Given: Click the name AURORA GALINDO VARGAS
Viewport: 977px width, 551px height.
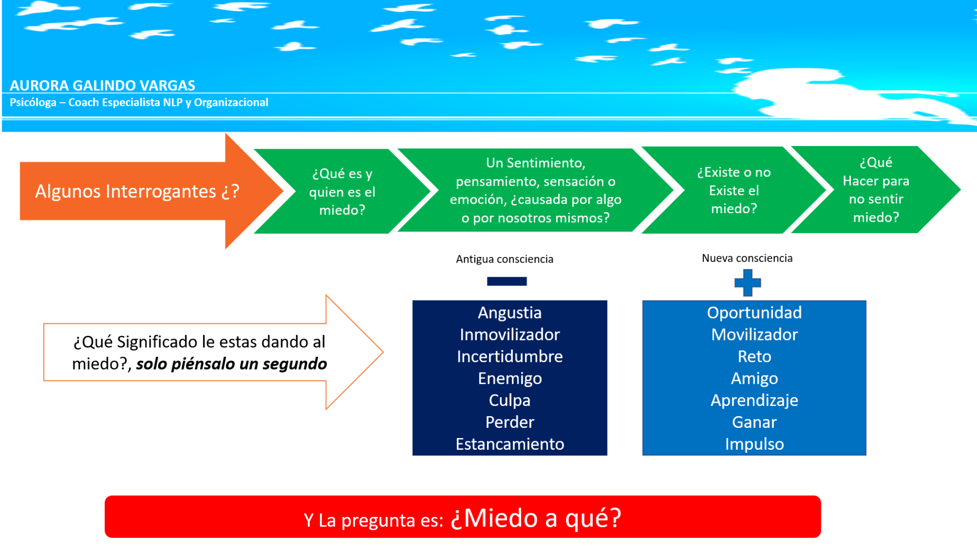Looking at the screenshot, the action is click(102, 85).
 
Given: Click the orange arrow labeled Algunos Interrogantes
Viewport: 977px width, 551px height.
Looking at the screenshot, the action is click(152, 191).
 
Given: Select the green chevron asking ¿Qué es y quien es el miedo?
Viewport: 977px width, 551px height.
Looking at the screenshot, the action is click(342, 191).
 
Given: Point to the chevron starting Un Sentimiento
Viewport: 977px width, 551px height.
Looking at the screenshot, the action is click(535, 190).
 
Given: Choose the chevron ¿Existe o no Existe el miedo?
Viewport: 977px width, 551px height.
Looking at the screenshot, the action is click(734, 190).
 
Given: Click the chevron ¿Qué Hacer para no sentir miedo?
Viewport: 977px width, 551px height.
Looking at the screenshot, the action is click(876, 190).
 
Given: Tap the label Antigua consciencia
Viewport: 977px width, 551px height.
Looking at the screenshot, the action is click(504, 259).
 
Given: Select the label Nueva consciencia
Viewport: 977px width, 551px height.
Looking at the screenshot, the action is click(747, 258).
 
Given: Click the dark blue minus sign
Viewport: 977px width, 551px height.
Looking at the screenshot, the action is click(507, 281).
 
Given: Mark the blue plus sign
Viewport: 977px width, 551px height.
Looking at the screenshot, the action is click(748, 283).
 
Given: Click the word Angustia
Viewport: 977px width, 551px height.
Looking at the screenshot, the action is click(509, 313).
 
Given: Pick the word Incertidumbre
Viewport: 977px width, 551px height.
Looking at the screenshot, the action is click(509, 356).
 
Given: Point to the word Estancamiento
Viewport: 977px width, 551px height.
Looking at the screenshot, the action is click(509, 444).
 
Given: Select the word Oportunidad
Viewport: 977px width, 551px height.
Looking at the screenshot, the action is click(754, 313).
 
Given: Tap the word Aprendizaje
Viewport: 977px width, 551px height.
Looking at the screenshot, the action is click(754, 400).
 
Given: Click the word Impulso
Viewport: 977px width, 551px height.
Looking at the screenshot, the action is click(754, 444).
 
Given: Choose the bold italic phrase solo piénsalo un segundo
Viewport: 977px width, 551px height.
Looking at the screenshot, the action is click(232, 364).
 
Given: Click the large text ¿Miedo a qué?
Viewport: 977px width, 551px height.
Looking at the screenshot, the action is click(536, 518).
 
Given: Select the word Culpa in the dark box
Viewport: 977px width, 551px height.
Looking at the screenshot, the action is click(509, 400).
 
